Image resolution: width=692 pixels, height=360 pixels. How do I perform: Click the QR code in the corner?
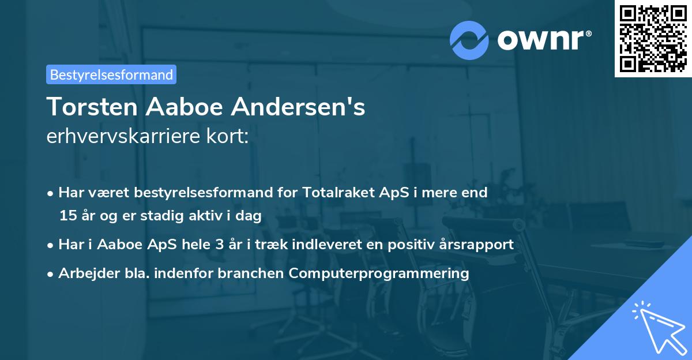(653, 38)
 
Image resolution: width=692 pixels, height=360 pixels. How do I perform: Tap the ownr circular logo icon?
(469, 40)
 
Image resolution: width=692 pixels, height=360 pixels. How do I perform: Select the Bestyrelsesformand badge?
(111, 74)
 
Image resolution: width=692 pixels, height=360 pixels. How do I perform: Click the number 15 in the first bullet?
(67, 216)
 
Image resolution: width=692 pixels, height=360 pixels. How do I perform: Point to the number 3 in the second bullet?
(219, 245)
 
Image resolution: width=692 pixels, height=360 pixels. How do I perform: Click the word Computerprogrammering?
(379, 273)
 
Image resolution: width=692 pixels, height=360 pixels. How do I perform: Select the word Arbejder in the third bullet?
(84, 273)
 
